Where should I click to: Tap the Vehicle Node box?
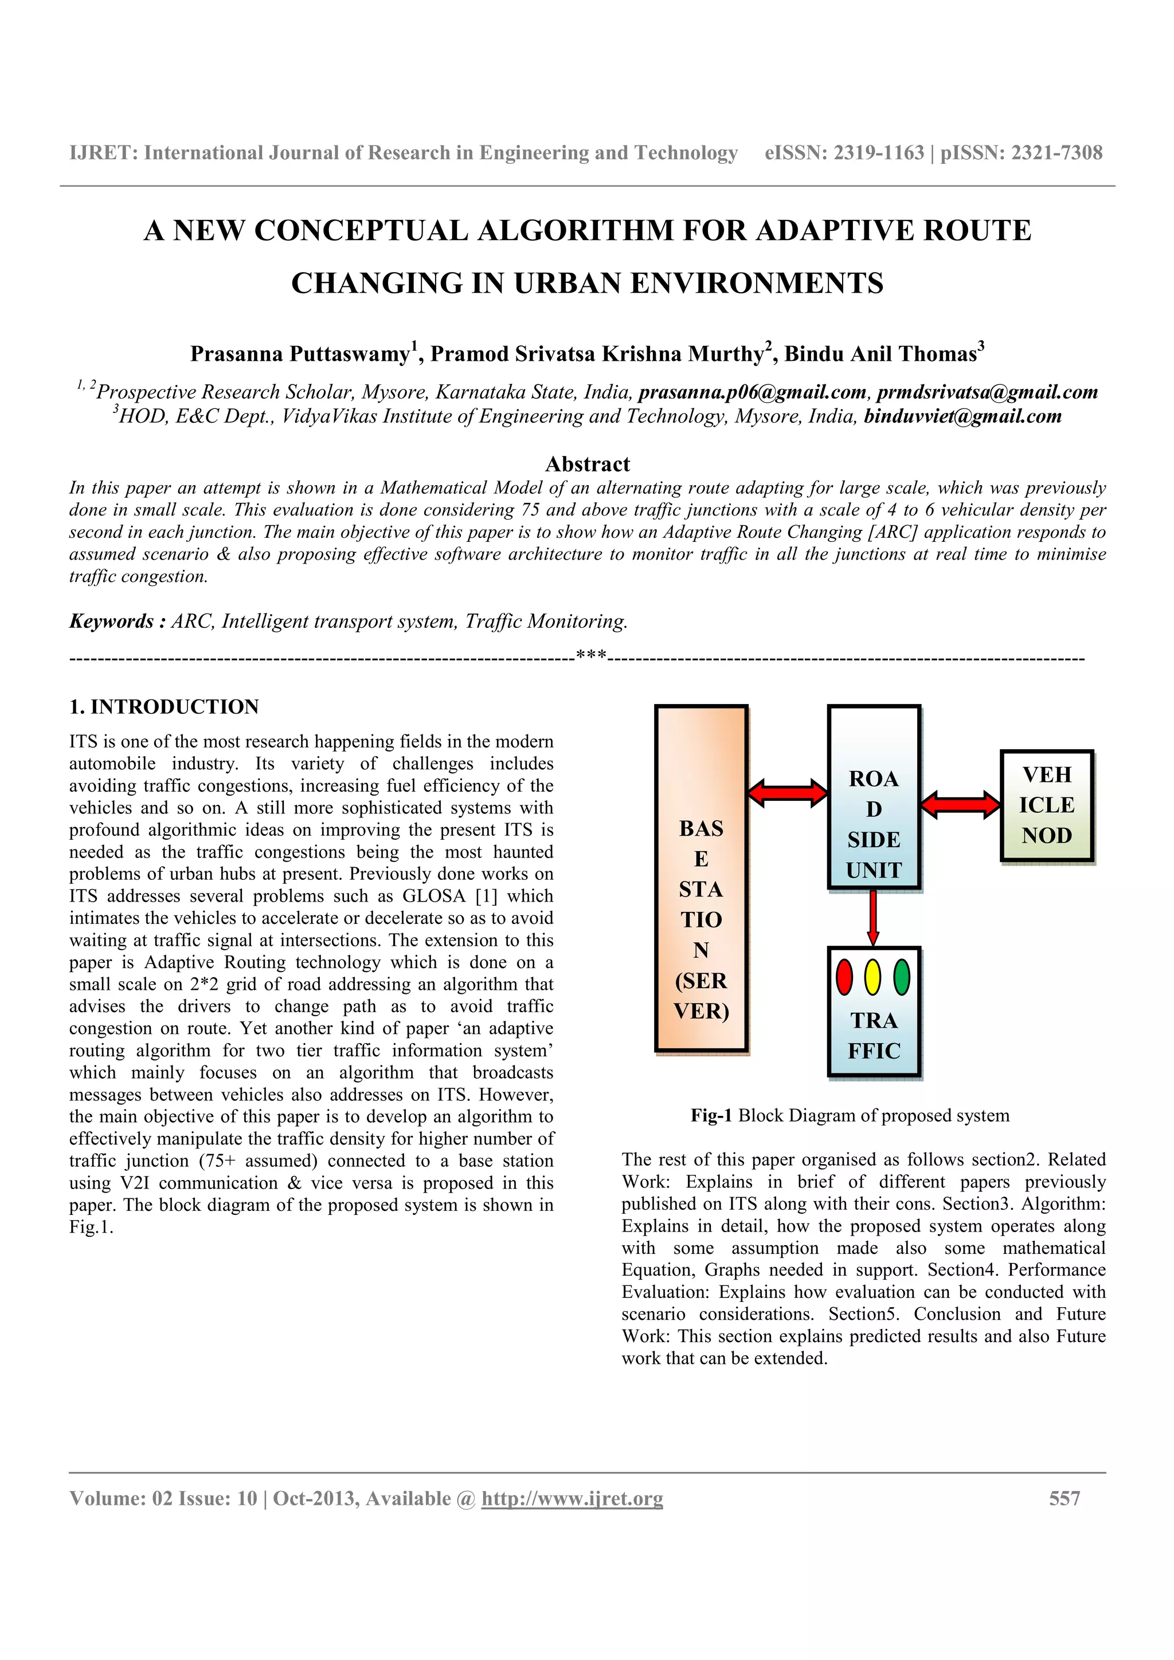[1047, 805]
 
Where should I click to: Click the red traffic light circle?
[844, 977]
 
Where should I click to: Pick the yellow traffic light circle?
[873, 977]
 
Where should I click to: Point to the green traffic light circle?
[901, 977]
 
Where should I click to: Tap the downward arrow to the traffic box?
[873, 916]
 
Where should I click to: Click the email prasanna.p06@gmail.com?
[752, 392]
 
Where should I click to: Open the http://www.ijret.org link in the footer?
[572, 1499]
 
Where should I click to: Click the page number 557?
[1065, 1499]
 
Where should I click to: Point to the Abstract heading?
[588, 464]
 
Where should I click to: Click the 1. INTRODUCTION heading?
[164, 707]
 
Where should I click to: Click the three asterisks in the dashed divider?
[591, 657]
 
